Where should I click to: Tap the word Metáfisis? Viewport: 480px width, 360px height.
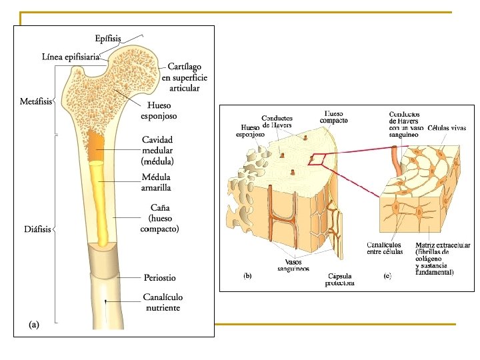coord(35,102)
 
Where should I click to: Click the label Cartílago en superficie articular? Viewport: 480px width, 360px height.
coord(183,77)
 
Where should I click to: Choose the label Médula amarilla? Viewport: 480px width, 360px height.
coord(156,182)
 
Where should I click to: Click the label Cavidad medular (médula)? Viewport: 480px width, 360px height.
coord(157,151)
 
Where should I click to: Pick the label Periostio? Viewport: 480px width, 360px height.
coord(160,277)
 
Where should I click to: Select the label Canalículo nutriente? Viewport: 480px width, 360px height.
coord(163,302)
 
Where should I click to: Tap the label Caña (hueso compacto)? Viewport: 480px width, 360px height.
coord(159,218)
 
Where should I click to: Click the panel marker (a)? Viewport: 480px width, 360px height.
coord(34,325)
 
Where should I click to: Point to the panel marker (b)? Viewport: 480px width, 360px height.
coord(247,275)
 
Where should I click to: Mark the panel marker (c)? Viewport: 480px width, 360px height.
coord(387,275)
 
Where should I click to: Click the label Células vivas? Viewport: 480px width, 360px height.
coord(447,127)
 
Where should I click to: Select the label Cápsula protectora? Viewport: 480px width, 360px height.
coord(340,279)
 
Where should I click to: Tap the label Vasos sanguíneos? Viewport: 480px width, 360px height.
coord(294,265)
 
